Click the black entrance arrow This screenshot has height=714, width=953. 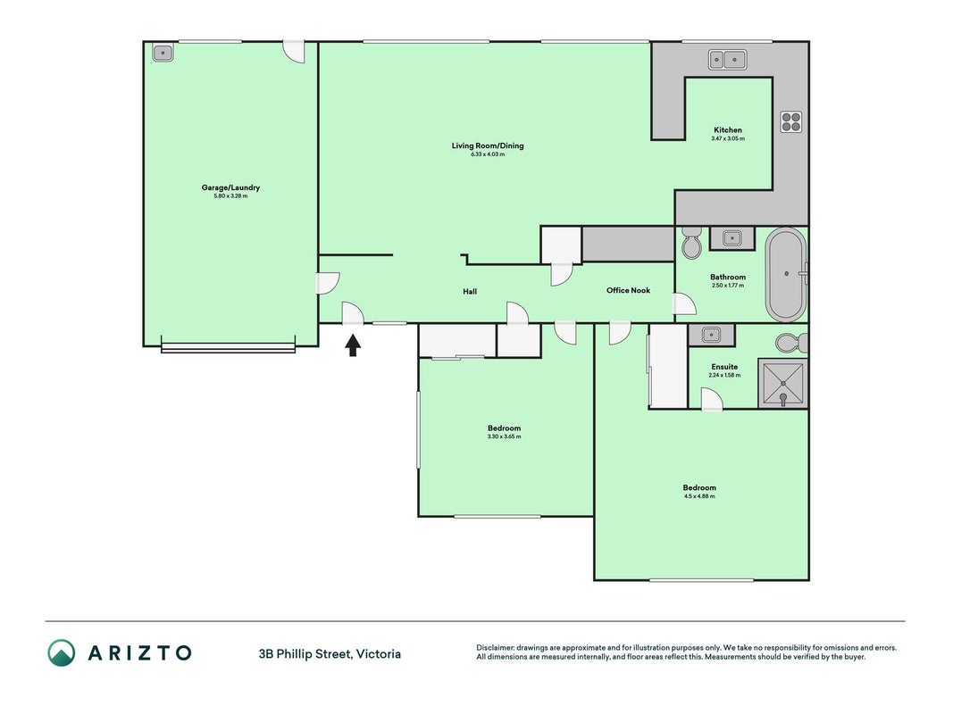[353, 345]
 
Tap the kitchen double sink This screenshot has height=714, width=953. [728, 60]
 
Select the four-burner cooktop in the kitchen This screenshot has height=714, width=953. [790, 122]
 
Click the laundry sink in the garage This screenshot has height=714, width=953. [163, 53]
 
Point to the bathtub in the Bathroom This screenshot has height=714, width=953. [787, 274]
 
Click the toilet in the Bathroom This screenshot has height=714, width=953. [691, 243]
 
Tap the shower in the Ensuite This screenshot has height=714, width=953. [782, 383]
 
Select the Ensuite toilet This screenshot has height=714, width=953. [792, 343]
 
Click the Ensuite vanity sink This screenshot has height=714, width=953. [711, 335]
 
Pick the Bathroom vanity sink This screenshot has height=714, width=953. [731, 237]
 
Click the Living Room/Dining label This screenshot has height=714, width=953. [488, 145]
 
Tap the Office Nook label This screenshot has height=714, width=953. [628, 290]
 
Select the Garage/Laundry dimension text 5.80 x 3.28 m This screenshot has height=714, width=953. [231, 196]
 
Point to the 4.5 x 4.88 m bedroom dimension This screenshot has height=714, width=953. [699, 496]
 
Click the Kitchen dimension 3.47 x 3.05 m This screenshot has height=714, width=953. [728, 138]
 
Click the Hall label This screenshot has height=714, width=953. [470, 292]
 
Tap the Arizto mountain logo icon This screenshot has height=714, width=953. [62, 652]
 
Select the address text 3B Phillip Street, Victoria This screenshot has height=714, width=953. [330, 654]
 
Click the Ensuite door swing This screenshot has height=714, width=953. [712, 399]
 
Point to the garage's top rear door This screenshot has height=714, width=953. [294, 52]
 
